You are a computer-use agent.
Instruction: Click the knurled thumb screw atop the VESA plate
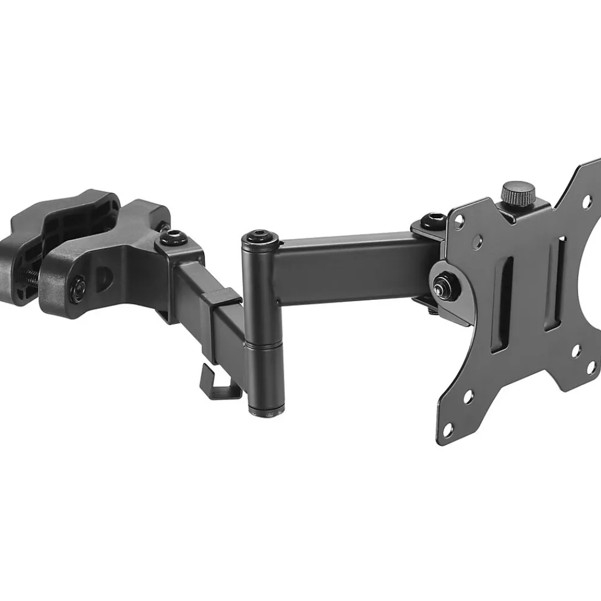point(518,194)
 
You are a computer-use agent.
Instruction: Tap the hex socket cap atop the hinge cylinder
point(260,233)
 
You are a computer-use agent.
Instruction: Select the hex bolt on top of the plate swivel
point(430,218)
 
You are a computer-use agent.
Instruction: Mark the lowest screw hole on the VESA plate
point(447,429)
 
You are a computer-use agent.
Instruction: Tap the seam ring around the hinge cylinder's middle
point(263,342)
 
